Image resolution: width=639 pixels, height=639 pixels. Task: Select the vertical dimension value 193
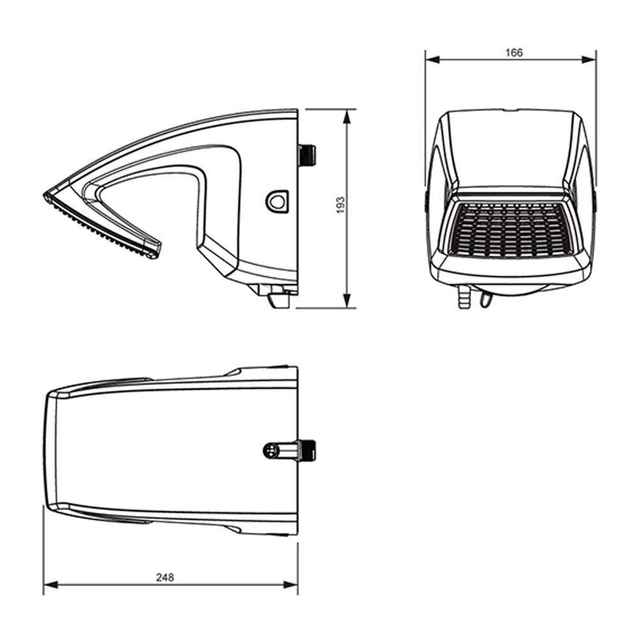point(341,204)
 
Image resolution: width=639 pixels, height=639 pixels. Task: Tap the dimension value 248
point(165,577)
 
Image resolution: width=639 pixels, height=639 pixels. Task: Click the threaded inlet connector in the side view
point(307,155)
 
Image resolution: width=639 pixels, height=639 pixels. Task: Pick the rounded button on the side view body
point(277,201)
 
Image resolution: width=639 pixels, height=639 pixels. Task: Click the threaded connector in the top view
point(308,450)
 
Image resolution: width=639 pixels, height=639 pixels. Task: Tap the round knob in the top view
point(271,450)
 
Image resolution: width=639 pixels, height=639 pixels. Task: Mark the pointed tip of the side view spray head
point(47,194)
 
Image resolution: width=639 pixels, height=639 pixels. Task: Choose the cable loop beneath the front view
point(487,298)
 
